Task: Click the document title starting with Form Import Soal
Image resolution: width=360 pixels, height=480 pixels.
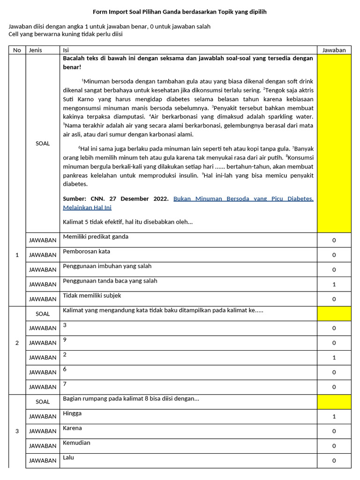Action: click(180, 12)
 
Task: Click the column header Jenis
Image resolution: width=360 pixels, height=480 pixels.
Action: click(35, 50)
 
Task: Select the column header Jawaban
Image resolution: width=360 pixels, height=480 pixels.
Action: click(334, 50)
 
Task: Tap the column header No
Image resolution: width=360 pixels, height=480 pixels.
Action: click(17, 50)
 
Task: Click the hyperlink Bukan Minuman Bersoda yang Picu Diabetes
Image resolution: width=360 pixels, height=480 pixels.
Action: click(243, 199)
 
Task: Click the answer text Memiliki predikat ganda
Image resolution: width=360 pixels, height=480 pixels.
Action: click(96, 237)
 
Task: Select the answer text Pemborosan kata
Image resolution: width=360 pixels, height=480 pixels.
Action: click(87, 251)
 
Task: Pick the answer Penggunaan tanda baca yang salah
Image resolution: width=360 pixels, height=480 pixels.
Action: click(110, 281)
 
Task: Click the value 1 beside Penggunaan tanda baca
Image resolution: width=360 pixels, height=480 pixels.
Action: click(334, 284)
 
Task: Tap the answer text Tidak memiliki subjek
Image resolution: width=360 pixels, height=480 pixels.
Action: click(92, 296)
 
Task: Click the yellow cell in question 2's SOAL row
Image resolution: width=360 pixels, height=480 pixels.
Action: click(334, 314)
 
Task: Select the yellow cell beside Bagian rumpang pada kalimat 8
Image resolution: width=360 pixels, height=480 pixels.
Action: click(334, 402)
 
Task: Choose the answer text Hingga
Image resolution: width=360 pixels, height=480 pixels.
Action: click(72, 413)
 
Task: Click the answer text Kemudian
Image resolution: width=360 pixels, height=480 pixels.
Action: click(76, 442)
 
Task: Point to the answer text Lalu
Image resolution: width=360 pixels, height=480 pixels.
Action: click(68, 457)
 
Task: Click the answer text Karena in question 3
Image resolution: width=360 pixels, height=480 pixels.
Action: click(72, 428)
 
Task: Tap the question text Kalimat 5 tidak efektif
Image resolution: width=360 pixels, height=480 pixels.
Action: click(128, 222)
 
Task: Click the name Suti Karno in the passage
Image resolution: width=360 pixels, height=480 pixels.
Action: click(81, 99)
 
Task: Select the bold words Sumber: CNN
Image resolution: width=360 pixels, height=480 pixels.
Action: click(84, 199)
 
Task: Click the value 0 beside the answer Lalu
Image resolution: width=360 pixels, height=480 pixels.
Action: click(334, 460)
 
